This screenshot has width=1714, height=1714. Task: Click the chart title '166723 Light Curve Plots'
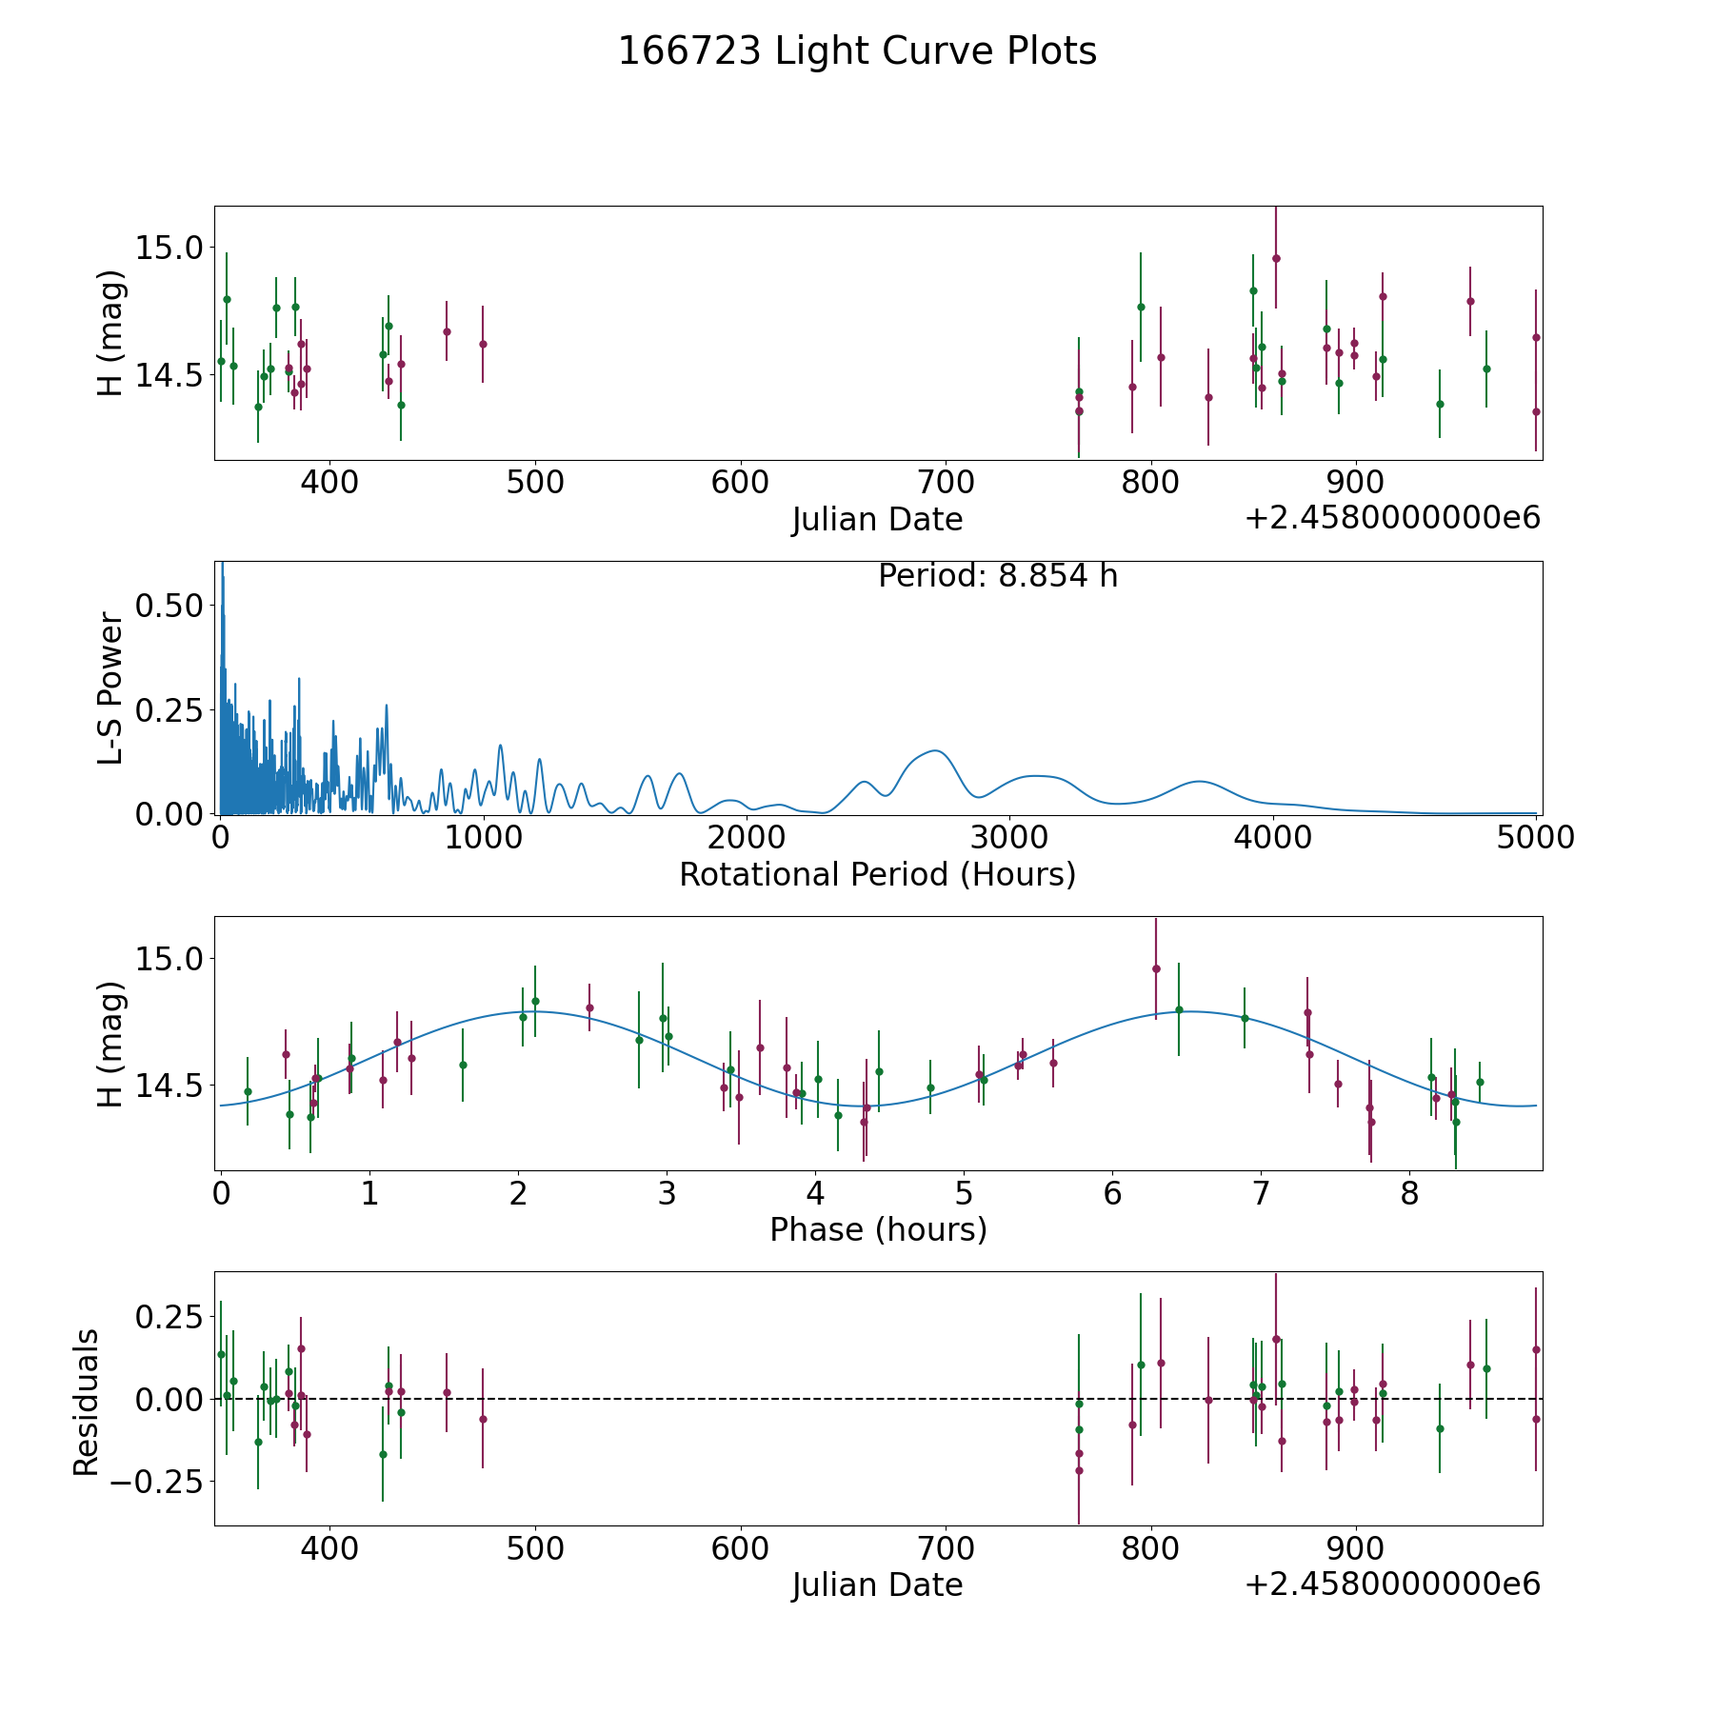pyautogui.click(x=857, y=51)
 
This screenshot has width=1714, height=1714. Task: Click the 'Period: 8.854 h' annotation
pyautogui.click(x=997, y=576)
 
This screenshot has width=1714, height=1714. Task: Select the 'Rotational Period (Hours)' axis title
pyautogui.click(x=877, y=874)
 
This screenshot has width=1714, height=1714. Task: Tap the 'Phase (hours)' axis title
pyautogui.click(x=878, y=1229)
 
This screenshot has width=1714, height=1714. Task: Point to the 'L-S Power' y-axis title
pyautogui.click(x=111, y=688)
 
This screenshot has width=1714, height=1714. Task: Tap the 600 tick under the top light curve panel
pyautogui.click(x=740, y=483)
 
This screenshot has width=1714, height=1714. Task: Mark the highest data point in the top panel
pyautogui.click(x=1276, y=258)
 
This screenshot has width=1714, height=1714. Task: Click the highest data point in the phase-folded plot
pyautogui.click(x=1156, y=968)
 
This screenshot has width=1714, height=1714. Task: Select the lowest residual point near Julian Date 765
pyautogui.click(x=1079, y=1470)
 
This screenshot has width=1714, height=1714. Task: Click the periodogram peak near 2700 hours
pyautogui.click(x=936, y=751)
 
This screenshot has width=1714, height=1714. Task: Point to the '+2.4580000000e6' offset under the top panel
pyautogui.click(x=1392, y=518)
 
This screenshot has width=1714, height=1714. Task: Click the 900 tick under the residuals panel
pyautogui.click(x=1355, y=1549)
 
